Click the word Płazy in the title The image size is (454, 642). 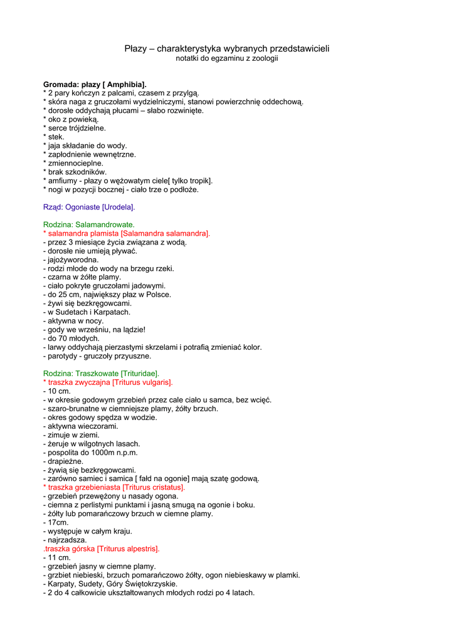click(135, 48)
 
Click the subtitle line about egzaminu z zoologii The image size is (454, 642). click(226, 58)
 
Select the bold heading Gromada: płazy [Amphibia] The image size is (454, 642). click(95, 84)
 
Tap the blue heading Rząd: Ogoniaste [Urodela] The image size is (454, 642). click(89, 207)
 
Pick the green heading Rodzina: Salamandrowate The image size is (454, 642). click(89, 224)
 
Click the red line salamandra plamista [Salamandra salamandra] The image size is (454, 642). click(127, 233)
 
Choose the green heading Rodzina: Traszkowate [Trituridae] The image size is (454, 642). click(101, 373)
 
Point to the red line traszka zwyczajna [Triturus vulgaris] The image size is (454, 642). click(108, 382)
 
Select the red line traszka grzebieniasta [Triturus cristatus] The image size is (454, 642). click(114, 487)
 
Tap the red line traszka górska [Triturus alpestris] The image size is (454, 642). click(102, 549)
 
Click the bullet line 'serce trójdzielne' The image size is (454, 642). click(75, 128)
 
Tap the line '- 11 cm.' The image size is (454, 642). click(57, 557)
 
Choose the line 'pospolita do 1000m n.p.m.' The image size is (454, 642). click(90, 452)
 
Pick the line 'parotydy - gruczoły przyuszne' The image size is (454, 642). click(97, 356)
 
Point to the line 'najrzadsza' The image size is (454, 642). click(65, 540)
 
